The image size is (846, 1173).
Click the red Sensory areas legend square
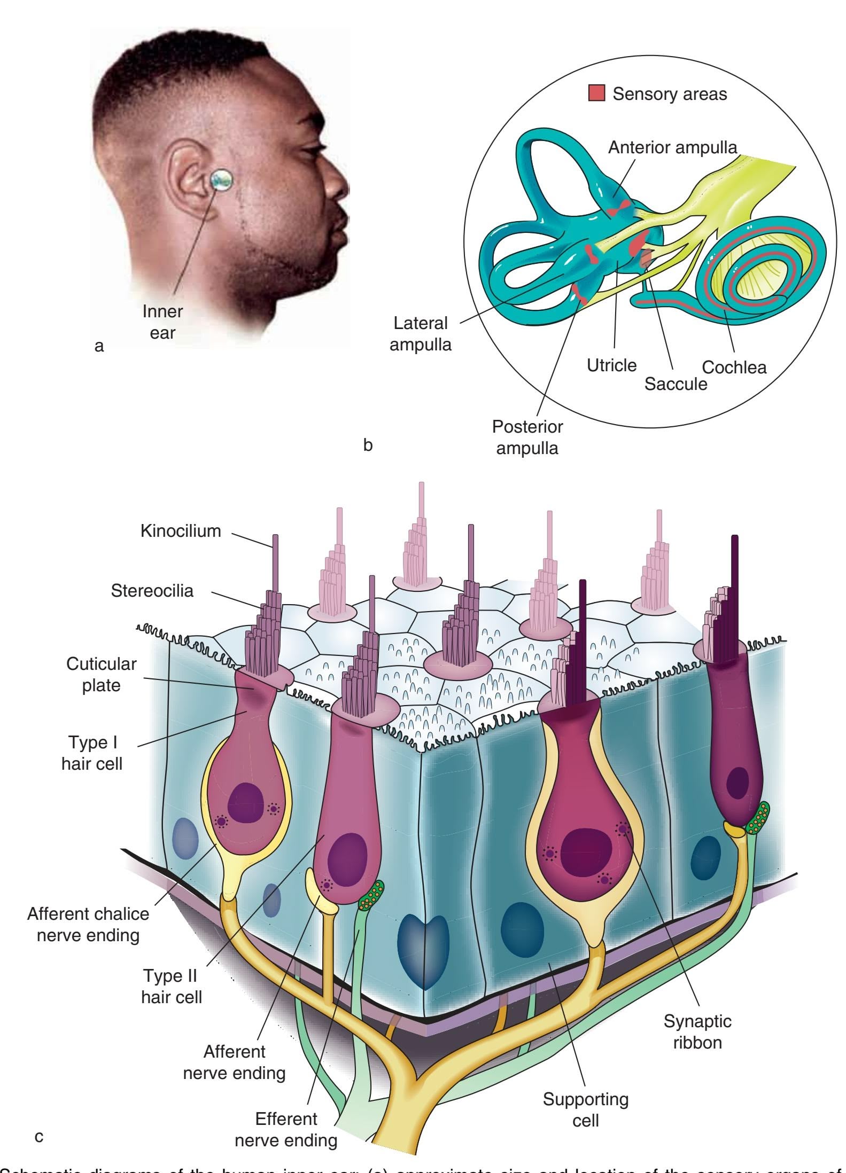(x=596, y=93)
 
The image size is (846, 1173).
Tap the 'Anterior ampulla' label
(x=672, y=147)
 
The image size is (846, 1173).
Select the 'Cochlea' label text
(x=734, y=367)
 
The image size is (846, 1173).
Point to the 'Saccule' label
(x=676, y=384)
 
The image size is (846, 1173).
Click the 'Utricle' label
(x=611, y=365)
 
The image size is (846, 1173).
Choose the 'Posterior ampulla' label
(x=527, y=437)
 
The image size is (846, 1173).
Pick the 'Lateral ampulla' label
(x=420, y=333)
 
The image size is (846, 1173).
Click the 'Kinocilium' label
(x=181, y=531)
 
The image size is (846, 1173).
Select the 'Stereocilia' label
(x=152, y=590)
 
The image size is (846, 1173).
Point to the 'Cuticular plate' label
(x=101, y=674)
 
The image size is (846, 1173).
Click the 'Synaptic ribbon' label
(x=697, y=1031)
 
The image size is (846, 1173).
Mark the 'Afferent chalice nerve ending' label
(x=88, y=924)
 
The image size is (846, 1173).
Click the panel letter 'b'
(x=368, y=445)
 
